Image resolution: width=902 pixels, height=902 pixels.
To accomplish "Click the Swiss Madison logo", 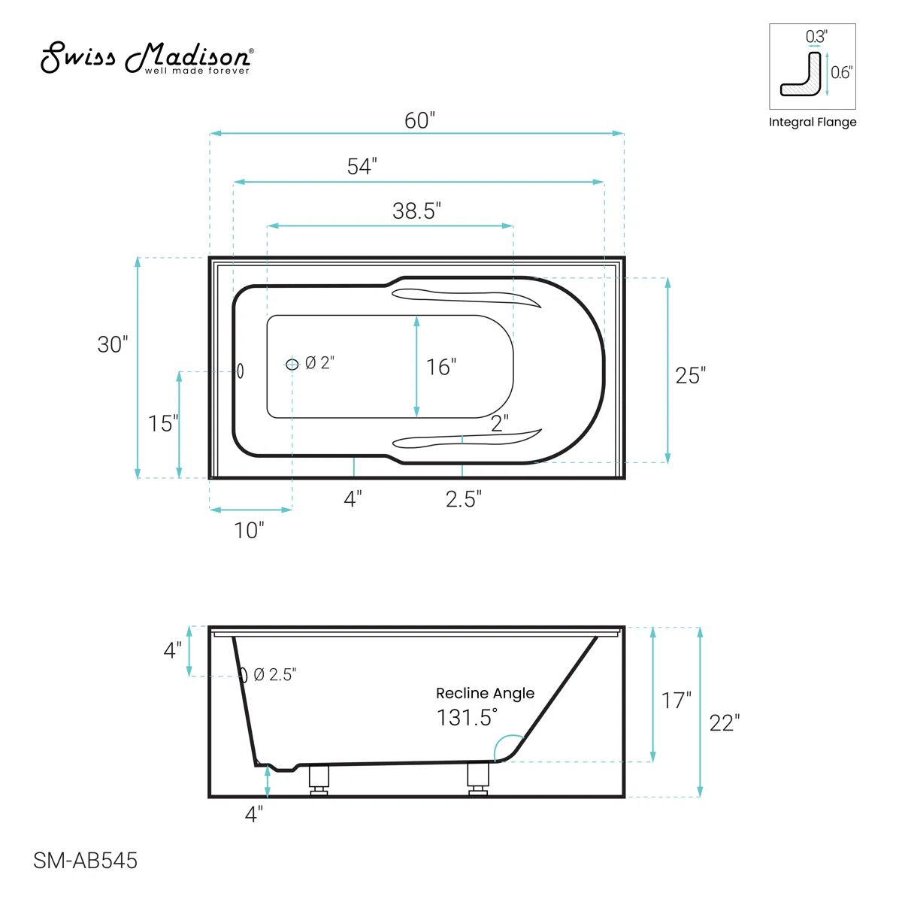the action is click(x=147, y=58).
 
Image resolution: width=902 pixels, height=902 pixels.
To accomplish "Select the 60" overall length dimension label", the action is click(x=419, y=121).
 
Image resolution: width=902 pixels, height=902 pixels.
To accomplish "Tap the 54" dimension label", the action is click(x=362, y=166).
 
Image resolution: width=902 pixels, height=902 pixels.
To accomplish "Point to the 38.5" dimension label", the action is click(x=416, y=210).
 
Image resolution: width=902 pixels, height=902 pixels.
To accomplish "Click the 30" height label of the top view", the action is click(x=112, y=344).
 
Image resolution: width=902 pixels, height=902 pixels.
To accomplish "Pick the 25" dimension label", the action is click(x=691, y=375).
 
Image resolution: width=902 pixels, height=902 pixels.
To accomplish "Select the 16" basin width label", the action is click(x=441, y=367).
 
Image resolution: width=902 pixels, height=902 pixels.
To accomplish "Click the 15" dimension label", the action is click(x=163, y=424).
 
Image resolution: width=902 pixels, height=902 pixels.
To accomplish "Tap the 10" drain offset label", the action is click(x=249, y=531).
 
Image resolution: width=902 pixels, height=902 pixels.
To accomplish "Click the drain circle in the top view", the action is click(x=292, y=364).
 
